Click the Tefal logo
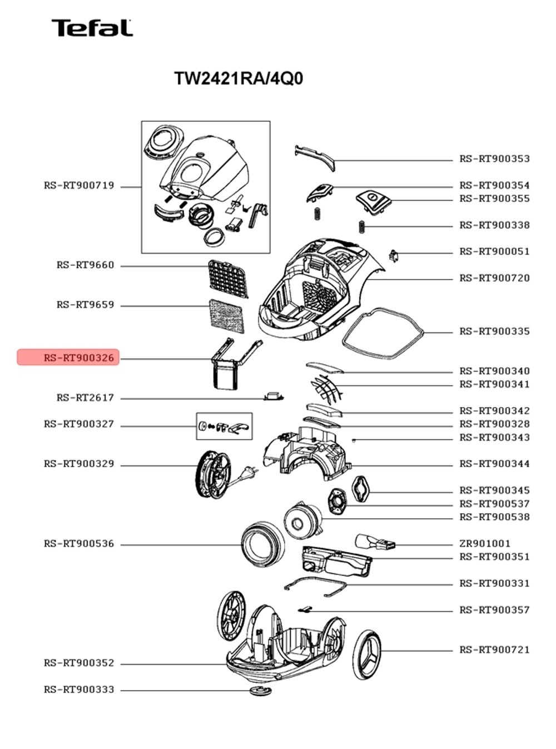[x=92, y=28]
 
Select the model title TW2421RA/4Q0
[x=239, y=79]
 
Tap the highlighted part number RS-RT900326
[x=79, y=358]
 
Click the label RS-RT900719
[x=79, y=186]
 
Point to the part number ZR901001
[x=485, y=544]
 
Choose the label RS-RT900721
[x=494, y=649]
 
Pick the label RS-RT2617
[x=85, y=398]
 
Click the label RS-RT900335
[x=494, y=331]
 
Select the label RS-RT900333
[x=79, y=690]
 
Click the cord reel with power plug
[x=223, y=474]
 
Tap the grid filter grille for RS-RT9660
[x=228, y=279]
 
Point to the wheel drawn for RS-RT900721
[x=366, y=654]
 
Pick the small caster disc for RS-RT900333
[x=260, y=691]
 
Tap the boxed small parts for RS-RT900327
[x=224, y=426]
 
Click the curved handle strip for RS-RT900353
[x=315, y=158]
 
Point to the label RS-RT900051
[x=494, y=251]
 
